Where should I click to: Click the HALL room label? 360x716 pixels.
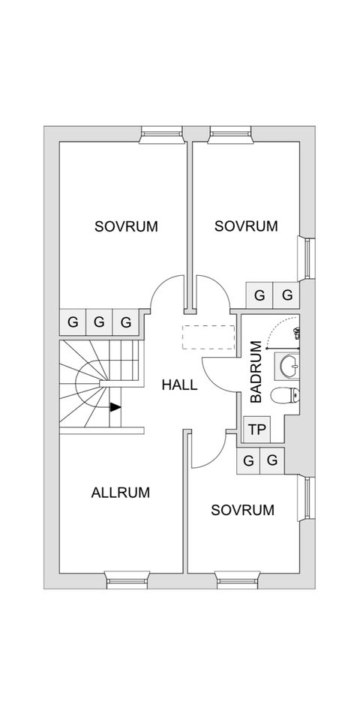[x=179, y=385]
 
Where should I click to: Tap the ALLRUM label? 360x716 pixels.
[x=121, y=493]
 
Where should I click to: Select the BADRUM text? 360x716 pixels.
[x=256, y=372]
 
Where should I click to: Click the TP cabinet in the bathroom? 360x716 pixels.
[x=256, y=430]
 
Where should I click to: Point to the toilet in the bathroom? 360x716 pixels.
[x=284, y=395]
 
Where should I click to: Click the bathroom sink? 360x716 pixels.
[x=288, y=365]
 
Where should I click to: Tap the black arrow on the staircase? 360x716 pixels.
[x=116, y=407]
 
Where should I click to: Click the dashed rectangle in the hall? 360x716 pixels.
[x=208, y=337]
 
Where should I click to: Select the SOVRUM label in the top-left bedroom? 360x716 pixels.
[x=126, y=226]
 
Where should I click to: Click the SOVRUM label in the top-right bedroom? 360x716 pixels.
[x=246, y=226]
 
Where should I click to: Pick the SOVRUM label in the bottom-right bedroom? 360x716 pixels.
[x=243, y=510]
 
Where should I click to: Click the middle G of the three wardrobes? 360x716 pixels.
[x=99, y=322]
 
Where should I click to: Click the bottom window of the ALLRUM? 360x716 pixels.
[x=127, y=580]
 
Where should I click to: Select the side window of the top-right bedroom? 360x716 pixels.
[x=306, y=258]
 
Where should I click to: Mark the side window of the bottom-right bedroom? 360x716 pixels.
[x=306, y=497]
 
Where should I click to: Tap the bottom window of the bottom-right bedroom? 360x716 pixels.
[x=238, y=580]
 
